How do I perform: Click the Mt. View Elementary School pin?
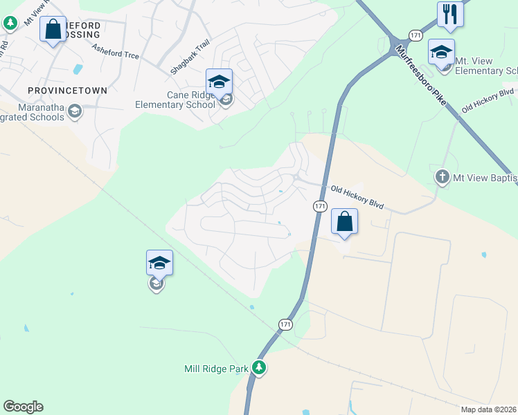point(441,53)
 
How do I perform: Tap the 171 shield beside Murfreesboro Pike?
point(415,35)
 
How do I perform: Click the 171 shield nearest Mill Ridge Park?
point(286,324)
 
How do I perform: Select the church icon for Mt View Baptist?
point(443,178)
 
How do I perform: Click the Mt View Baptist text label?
point(484,178)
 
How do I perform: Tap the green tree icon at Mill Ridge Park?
point(259,367)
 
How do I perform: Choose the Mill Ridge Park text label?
point(216,369)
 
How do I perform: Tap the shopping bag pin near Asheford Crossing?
point(53,30)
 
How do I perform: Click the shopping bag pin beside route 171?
point(344,222)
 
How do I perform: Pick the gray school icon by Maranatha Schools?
point(75,111)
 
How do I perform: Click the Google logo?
point(23,407)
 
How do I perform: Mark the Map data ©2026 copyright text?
point(488,409)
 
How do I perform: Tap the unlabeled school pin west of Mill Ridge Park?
point(159,263)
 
